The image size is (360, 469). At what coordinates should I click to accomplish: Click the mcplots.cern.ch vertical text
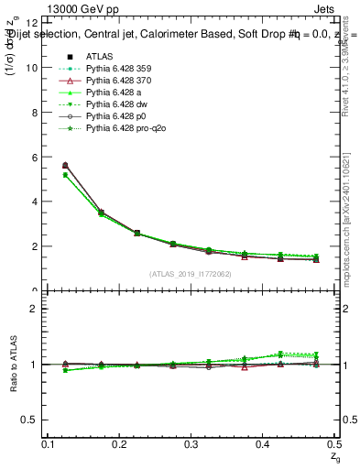(351, 229)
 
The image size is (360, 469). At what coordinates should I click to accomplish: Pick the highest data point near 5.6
(65, 165)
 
